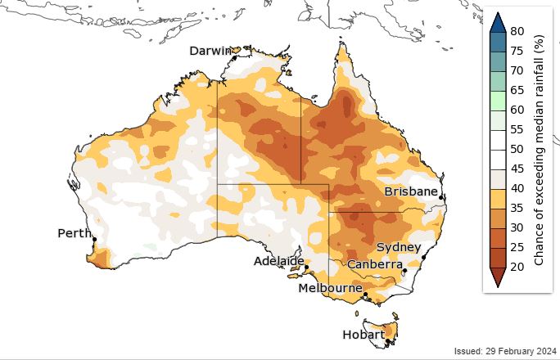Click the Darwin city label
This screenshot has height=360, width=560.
(x=210, y=51)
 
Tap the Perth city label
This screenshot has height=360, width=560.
(x=74, y=233)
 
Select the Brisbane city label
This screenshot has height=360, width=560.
(x=411, y=191)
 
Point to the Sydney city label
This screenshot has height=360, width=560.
(x=399, y=247)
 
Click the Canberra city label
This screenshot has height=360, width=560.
(x=374, y=264)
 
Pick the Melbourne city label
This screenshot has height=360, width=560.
(x=331, y=288)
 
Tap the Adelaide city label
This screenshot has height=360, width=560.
(x=278, y=261)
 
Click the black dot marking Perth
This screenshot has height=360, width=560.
(x=94, y=240)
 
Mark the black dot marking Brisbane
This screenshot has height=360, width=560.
(x=440, y=197)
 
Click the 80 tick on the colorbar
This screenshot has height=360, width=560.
(x=517, y=31)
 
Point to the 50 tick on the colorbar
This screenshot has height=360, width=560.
(x=517, y=149)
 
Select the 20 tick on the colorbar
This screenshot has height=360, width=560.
(x=517, y=267)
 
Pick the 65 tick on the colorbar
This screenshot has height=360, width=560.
(x=517, y=90)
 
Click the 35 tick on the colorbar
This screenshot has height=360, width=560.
(x=517, y=208)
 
